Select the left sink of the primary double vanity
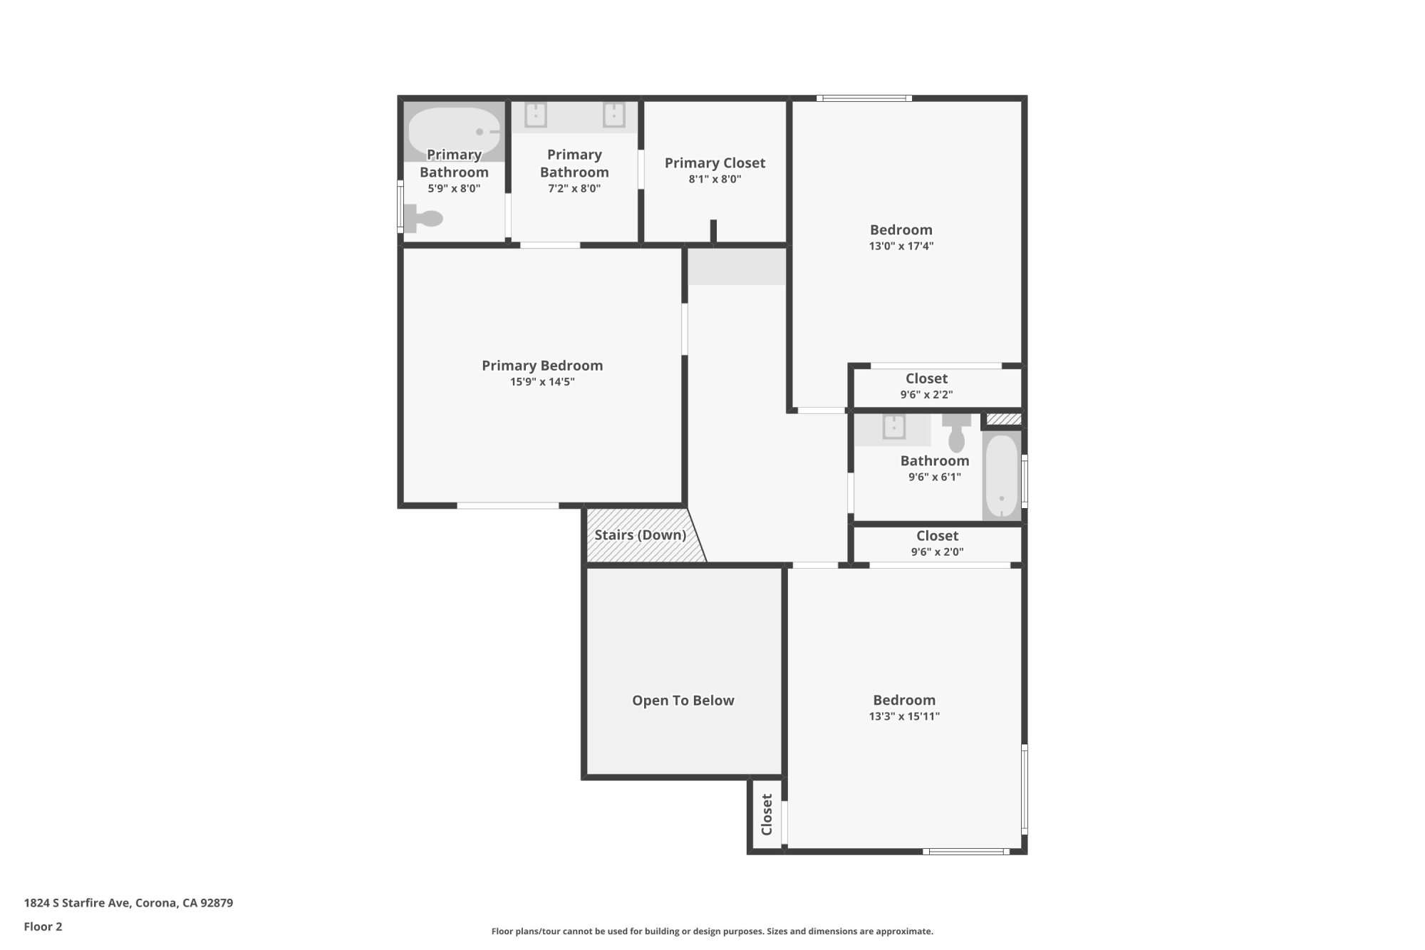pos(536,115)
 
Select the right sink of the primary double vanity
pos(614,115)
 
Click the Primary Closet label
pos(715,163)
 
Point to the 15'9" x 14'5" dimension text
pos(542,382)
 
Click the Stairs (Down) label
pos(640,535)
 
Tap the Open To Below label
pos(683,701)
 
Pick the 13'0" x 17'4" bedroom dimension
pos(901,247)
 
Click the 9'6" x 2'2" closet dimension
pos(926,395)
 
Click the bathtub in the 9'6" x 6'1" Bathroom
pos(1002,476)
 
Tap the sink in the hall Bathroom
pos(893,428)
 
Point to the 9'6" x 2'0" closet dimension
pos(937,552)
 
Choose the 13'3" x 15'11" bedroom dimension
pos(904,716)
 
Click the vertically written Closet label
pos(767,815)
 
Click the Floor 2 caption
pos(43,926)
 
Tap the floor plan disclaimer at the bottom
pos(712,931)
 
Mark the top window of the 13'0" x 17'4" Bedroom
pos(864,98)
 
